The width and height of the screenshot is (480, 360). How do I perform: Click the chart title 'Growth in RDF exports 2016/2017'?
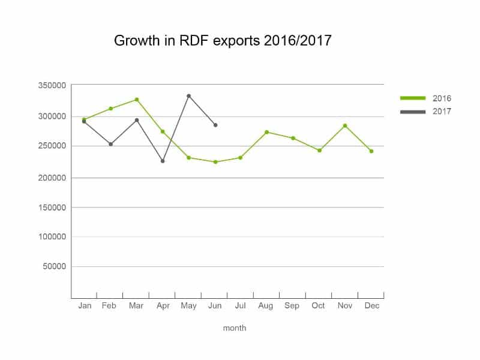pyautogui.click(x=223, y=40)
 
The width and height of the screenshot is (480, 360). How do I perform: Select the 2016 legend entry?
pyautogui.click(x=426, y=98)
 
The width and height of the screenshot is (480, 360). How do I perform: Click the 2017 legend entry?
pyautogui.click(x=426, y=112)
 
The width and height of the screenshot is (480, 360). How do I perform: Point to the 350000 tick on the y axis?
pyautogui.click(x=52, y=85)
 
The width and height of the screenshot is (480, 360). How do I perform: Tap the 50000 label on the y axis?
pyautogui.click(x=55, y=266)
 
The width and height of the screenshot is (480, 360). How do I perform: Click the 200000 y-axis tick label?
pyautogui.click(x=52, y=178)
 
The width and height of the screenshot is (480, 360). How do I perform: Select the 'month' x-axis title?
pyautogui.click(x=235, y=328)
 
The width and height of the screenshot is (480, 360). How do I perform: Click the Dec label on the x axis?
pyautogui.click(x=372, y=305)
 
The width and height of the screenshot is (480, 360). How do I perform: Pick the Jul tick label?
pyautogui.click(x=241, y=305)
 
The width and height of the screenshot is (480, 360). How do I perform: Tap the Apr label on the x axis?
pyautogui.click(x=163, y=306)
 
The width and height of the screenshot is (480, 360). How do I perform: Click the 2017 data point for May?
pyautogui.click(x=188, y=96)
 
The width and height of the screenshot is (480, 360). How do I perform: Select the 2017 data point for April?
pyautogui.click(x=163, y=161)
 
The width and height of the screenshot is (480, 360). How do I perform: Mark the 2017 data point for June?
pyautogui.click(x=215, y=125)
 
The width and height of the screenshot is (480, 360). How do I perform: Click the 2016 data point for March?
pyautogui.click(x=137, y=100)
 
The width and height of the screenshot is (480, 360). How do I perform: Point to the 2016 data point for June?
pyautogui.click(x=215, y=162)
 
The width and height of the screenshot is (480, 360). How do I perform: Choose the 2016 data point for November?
pyautogui.click(x=345, y=125)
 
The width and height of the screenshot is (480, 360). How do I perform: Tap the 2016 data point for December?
pyautogui.click(x=371, y=151)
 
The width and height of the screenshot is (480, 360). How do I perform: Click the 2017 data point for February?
pyautogui.click(x=111, y=144)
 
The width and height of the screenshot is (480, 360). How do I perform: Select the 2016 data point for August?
pyautogui.click(x=266, y=132)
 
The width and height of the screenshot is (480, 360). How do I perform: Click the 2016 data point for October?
pyautogui.click(x=320, y=151)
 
